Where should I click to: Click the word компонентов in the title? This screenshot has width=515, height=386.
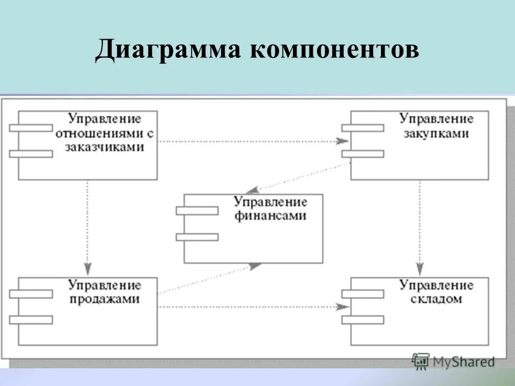point(334,51)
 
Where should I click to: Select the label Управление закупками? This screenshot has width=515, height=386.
point(436,125)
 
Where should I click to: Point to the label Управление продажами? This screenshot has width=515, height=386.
point(105,292)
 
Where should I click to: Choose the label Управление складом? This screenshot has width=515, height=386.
point(436,292)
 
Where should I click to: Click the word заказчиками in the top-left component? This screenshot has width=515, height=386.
point(105,148)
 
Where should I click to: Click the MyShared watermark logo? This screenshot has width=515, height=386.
point(453,361)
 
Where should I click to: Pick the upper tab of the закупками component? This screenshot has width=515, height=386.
point(363,128)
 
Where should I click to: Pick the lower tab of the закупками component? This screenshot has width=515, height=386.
point(363,154)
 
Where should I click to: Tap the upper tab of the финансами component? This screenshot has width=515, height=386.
point(197,211)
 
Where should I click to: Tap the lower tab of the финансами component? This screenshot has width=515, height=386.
point(197,237)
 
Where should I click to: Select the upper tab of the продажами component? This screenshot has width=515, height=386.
point(31,294)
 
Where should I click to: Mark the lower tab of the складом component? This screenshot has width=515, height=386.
point(363,320)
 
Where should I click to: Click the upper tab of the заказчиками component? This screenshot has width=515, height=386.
point(31,128)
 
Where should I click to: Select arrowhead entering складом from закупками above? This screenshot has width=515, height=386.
point(420,270)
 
